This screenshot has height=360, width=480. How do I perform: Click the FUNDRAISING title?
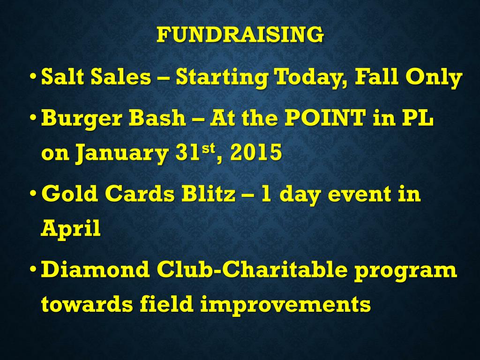(240, 34)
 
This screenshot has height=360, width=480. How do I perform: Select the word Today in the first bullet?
(310, 78)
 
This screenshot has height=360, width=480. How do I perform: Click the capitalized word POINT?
(325, 117)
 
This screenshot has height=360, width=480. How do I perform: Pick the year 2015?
(256, 152)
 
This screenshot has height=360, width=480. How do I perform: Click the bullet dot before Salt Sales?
(33, 75)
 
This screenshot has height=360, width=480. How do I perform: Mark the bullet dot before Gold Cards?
(33, 193)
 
